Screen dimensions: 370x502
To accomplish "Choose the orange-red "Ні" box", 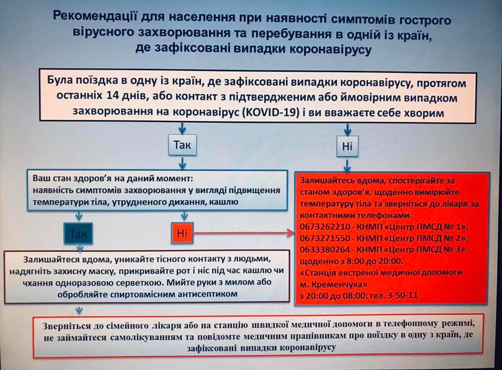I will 181,233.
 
